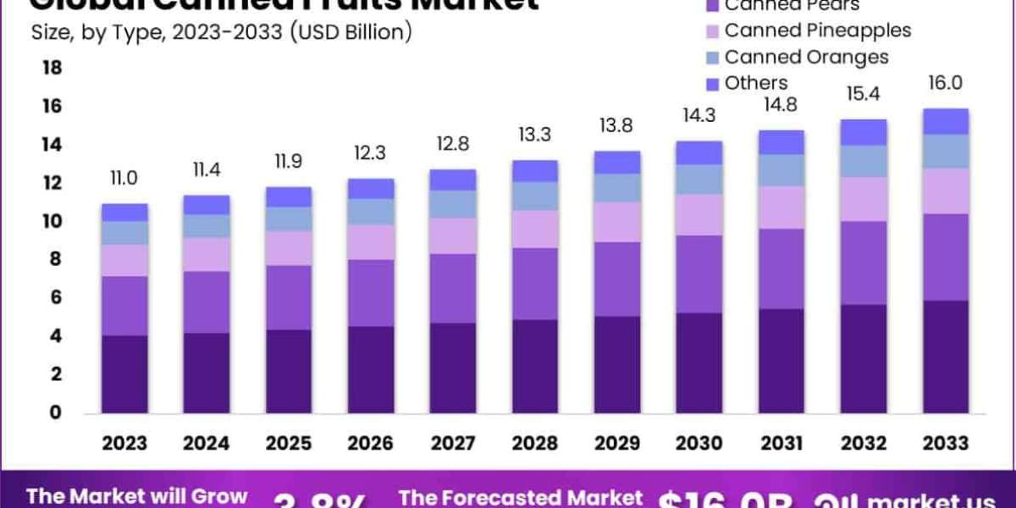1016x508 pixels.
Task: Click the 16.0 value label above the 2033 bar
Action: coord(946,83)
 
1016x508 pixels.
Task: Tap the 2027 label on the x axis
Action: coord(453,444)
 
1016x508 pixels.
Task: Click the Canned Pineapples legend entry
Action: coord(817,30)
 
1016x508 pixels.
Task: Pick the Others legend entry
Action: coord(756,83)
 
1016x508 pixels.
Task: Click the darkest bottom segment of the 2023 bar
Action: coord(124,374)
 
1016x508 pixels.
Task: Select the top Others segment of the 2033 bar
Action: coord(946,121)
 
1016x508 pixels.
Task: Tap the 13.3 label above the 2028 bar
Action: coord(535,133)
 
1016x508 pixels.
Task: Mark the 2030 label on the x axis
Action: coord(699,444)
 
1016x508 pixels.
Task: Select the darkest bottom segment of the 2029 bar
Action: coord(617,365)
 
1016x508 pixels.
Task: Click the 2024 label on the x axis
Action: coord(207,444)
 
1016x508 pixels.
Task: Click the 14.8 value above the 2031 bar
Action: coord(781,106)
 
